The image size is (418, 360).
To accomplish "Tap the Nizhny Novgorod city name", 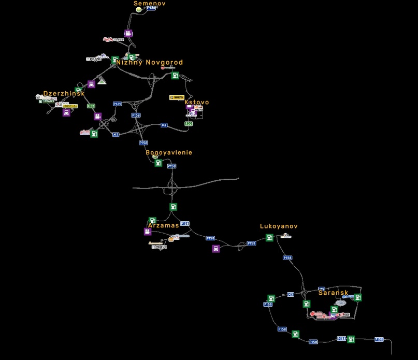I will point(149,63).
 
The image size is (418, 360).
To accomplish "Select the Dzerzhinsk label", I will point(64,94).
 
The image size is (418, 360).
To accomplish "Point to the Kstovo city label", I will point(197,103).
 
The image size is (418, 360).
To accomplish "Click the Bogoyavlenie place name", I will point(169,153).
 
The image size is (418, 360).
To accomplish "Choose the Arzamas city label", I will point(164,226).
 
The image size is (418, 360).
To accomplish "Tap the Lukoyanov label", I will point(279,226).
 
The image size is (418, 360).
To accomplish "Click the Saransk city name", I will point(333,293).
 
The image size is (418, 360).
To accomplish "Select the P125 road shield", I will point(118,104).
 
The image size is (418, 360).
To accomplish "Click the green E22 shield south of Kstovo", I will point(189,124).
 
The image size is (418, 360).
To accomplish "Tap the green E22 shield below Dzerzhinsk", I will point(91,106).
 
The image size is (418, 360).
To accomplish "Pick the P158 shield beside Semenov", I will point(151,8).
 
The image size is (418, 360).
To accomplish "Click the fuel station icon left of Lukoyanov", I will point(269,238).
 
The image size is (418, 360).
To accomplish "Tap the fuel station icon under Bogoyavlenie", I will point(158,163).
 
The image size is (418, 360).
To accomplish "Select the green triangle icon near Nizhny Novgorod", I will point(102,80).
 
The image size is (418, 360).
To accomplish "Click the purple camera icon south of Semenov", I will point(128,34).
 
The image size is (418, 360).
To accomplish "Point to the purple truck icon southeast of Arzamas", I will point(215,249).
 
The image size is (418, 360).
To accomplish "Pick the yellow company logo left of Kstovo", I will point(177,97).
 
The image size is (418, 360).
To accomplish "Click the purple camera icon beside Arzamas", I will point(148,232).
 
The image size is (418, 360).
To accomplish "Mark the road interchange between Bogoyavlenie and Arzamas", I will point(172,185).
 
